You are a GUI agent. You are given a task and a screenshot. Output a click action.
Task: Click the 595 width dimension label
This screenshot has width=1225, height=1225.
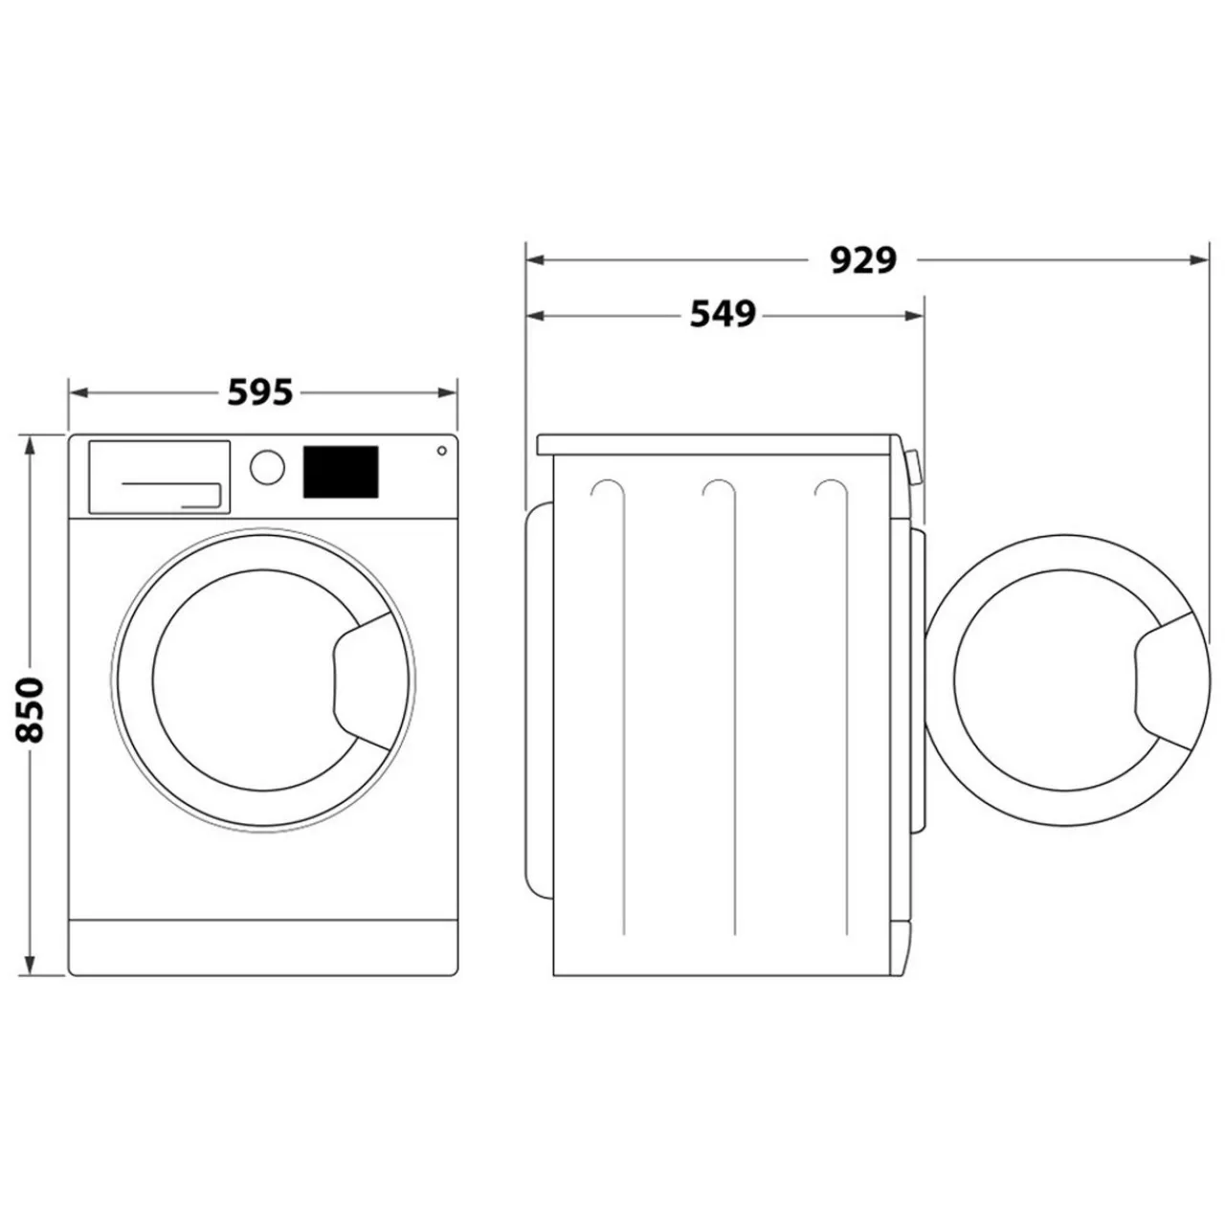click(260, 392)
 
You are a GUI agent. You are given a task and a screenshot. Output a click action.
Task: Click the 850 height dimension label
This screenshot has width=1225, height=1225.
click(31, 709)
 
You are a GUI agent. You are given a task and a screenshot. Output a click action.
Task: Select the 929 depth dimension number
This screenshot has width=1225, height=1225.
click(862, 259)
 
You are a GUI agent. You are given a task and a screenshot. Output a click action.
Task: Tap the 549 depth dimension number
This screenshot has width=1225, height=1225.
click(723, 314)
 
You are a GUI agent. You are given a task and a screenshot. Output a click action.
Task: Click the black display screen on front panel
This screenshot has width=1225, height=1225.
click(341, 472)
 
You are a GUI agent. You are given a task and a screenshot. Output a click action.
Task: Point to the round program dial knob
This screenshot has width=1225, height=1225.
click(267, 467)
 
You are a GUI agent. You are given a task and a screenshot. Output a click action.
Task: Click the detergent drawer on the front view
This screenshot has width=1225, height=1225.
click(159, 477)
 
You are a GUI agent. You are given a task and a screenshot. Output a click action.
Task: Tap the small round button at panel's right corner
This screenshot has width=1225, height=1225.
click(442, 451)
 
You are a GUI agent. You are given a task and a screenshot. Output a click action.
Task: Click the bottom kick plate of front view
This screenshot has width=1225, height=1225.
click(262, 947)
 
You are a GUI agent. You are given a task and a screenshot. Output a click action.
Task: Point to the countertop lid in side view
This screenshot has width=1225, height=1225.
click(718, 445)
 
